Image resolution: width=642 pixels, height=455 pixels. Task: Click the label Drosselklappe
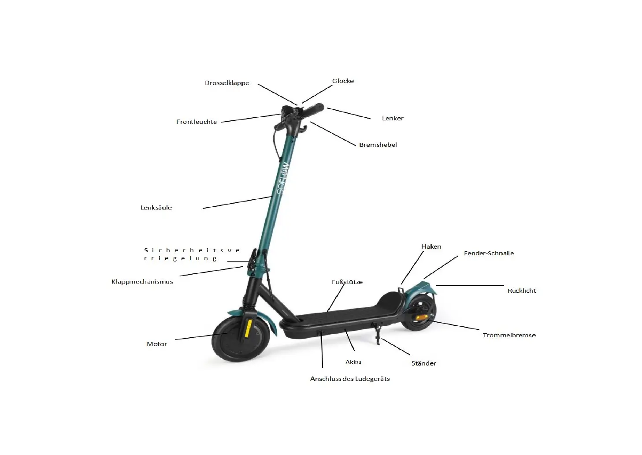226,83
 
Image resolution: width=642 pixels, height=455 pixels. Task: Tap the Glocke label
343,81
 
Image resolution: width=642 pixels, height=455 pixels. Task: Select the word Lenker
392,118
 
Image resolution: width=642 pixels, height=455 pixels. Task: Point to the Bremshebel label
378,145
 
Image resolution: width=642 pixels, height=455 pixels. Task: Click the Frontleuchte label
197,122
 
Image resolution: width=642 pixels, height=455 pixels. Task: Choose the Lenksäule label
156,208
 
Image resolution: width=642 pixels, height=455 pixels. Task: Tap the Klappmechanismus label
142,282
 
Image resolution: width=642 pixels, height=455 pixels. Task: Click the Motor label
156,344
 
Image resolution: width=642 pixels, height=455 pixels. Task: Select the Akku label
353,362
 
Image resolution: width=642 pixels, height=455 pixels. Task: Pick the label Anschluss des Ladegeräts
349,379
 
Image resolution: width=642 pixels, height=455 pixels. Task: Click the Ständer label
423,363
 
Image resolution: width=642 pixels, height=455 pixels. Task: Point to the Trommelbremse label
509,335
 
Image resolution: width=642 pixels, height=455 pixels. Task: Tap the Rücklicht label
521,291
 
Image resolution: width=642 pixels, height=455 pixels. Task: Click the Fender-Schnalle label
488,253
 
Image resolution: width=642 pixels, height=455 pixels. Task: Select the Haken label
430,246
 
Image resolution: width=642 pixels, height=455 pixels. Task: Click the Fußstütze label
347,282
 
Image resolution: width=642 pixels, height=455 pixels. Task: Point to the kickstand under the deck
378,333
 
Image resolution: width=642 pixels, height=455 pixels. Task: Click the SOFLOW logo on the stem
282,178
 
